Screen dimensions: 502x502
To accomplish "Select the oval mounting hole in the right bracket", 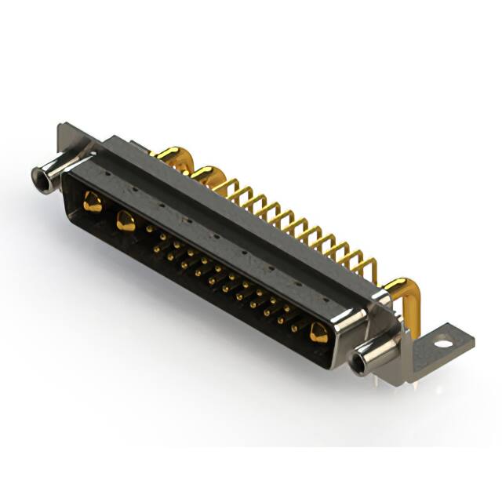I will pos(445,343).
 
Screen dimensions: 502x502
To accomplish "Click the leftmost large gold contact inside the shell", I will pos(93,203).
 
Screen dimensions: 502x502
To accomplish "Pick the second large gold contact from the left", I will pos(125,221).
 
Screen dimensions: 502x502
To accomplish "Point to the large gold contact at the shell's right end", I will pos(318,333).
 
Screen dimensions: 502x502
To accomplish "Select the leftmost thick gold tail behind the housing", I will pos(169,155).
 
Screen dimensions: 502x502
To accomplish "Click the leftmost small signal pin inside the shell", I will pos(150,229).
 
